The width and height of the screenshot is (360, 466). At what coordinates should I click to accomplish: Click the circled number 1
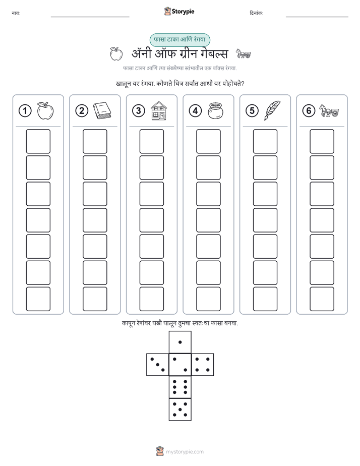(25, 111)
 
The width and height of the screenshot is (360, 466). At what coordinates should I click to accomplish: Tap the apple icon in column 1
(45, 111)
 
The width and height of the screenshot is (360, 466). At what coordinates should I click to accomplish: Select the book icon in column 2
(102, 111)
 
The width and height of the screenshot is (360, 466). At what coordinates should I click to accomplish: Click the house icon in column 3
(159, 110)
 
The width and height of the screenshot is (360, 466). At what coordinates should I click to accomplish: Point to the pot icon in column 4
(215, 111)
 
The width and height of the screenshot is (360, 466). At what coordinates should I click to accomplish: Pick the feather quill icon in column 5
(272, 110)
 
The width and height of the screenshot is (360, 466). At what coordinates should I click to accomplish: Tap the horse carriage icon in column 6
(329, 111)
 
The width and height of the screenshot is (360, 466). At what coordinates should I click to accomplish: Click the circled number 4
(195, 111)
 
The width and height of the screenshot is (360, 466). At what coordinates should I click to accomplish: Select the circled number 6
(309, 111)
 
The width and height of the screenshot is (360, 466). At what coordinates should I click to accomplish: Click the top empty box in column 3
(151, 141)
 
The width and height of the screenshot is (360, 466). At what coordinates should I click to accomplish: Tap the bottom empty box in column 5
(265, 299)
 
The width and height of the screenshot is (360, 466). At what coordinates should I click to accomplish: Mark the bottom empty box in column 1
(38, 299)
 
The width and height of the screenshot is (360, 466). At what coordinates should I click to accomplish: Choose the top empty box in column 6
(322, 141)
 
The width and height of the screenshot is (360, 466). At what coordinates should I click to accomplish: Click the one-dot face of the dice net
(180, 342)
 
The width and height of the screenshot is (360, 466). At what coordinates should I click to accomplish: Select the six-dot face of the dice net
(180, 387)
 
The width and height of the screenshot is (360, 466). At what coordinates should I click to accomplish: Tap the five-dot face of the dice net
(180, 409)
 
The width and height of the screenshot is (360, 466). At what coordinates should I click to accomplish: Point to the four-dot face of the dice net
(203, 365)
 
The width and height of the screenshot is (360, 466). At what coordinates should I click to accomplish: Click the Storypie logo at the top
(179, 12)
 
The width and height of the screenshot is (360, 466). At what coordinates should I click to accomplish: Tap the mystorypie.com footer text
(185, 452)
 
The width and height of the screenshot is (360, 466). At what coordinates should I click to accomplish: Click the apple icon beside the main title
(116, 53)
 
